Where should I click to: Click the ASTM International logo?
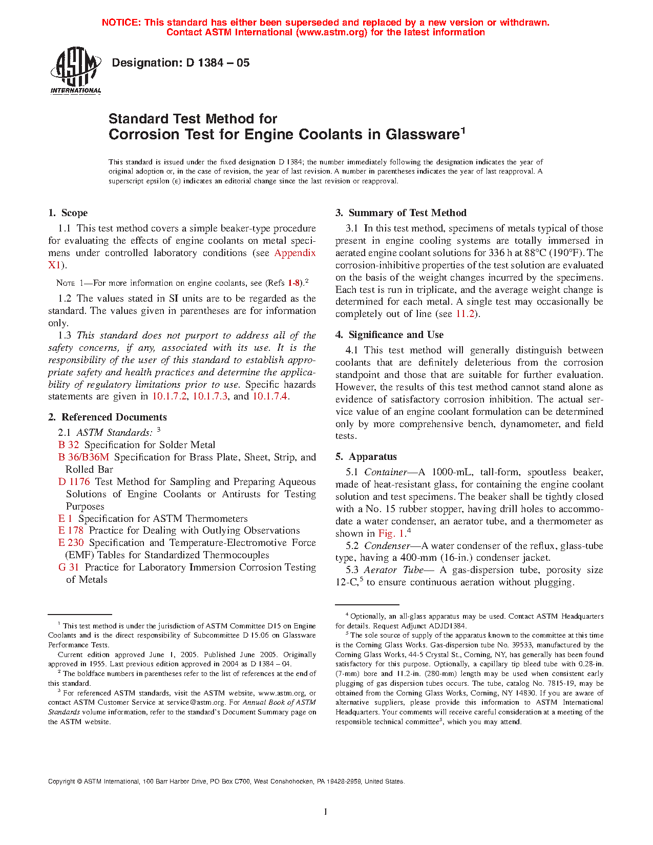[x=75, y=71]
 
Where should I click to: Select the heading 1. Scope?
[x=68, y=213]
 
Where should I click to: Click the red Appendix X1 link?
[x=295, y=253]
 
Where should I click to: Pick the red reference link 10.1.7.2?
[x=170, y=396]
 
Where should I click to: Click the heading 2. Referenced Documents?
[x=108, y=417]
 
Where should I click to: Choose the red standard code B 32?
[x=69, y=445]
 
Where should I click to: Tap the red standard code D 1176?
[x=74, y=482]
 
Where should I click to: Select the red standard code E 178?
[x=71, y=531]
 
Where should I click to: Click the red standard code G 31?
[x=69, y=567]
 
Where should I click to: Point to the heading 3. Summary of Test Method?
[x=401, y=213]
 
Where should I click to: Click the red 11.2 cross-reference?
[x=465, y=314]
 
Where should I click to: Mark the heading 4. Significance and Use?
[x=390, y=335]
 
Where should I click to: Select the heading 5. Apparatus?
[x=366, y=457]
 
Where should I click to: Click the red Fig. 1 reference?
[x=392, y=534]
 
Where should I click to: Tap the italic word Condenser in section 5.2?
[x=387, y=546]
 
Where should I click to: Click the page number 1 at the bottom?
[x=325, y=812]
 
